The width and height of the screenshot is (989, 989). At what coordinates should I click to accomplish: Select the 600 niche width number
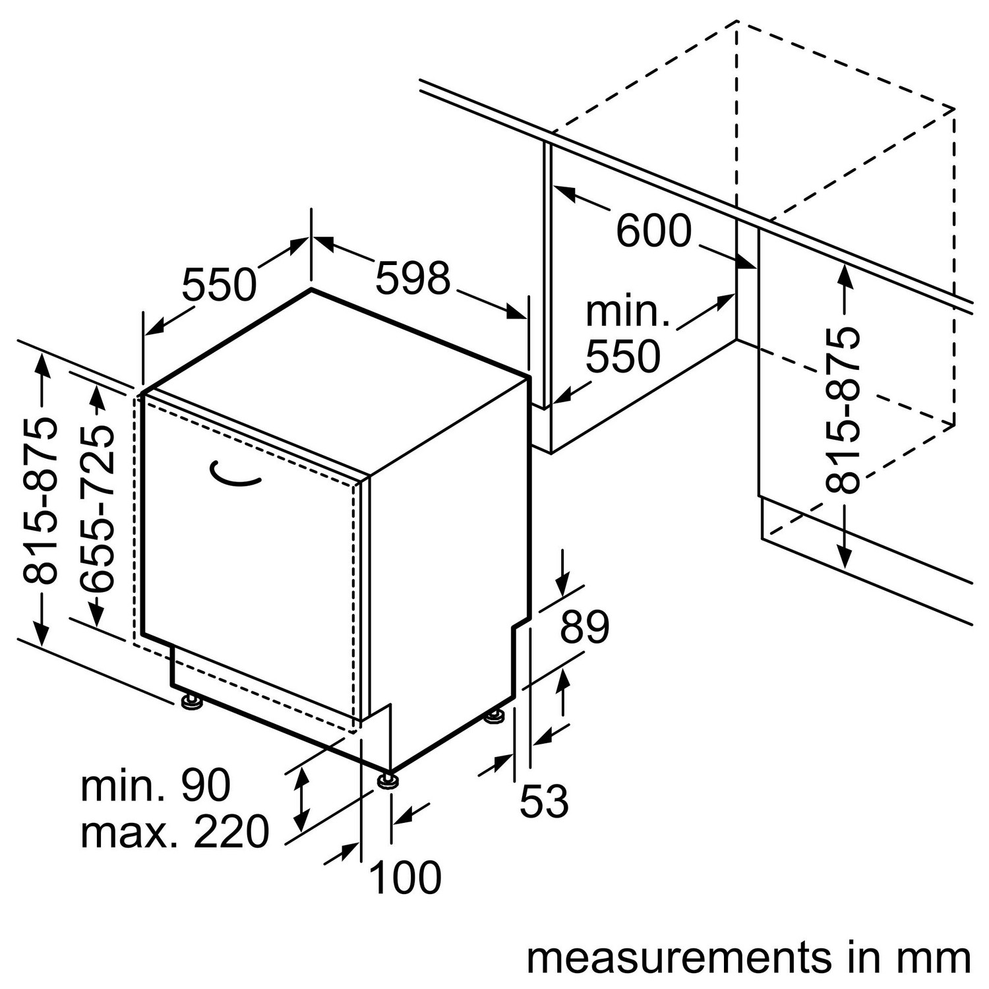pos(654,231)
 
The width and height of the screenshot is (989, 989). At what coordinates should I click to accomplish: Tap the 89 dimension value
pos(584,627)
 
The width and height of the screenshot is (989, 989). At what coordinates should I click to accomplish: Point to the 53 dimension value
pos(544,802)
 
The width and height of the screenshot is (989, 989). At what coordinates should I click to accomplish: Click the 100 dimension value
pos(405,878)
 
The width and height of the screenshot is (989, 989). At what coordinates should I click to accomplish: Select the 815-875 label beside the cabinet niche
pos(843,409)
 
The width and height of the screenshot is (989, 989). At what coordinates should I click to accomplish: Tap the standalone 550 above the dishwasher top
pos(219,285)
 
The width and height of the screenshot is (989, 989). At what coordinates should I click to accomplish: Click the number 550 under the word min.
pos(623,357)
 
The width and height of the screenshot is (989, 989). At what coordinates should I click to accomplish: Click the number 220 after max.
pos(231,832)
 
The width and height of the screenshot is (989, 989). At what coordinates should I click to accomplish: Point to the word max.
pos(129,832)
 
